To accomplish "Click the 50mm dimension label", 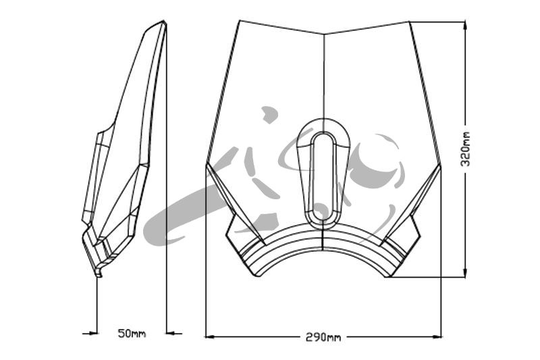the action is tap(132, 334).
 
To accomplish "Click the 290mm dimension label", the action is tap(323, 337).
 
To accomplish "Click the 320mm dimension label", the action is tap(465, 149).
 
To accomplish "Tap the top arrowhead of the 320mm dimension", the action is tap(465, 26).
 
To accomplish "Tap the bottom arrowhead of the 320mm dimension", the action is tap(465, 273).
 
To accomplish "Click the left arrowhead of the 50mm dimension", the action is tap(92, 333).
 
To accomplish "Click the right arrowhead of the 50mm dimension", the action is tap(171, 333).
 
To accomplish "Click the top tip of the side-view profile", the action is tap(164, 21).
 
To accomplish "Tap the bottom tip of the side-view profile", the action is tap(99, 276).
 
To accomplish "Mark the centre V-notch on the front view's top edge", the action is tap(324, 34).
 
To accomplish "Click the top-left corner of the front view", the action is tap(240, 20).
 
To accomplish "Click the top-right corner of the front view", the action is tap(409, 22).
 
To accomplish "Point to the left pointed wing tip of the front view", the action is tap(207, 163).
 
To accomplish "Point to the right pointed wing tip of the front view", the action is tap(441, 165).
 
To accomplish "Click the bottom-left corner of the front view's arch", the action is tap(255, 276).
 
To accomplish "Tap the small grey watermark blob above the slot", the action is tap(269, 114).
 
